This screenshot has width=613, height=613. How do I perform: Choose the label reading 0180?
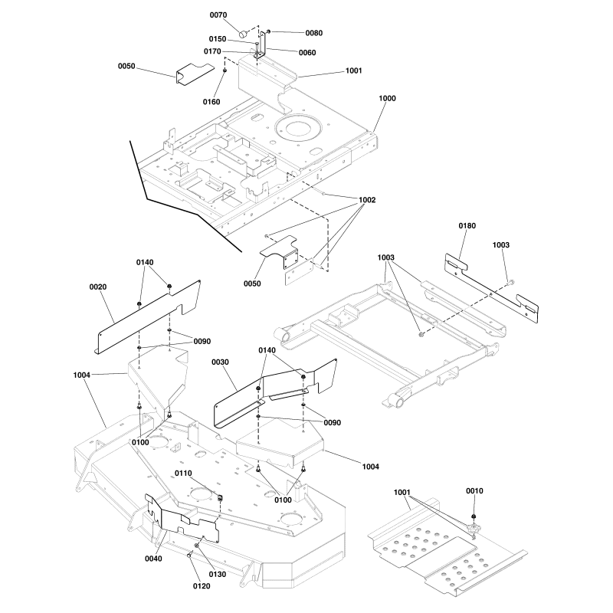[x=467, y=226]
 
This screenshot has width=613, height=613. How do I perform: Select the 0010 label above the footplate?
[x=474, y=490]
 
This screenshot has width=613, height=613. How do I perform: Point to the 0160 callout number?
[x=211, y=102]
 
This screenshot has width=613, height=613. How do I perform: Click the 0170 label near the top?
[x=212, y=51]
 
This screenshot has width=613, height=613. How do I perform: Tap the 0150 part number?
[x=218, y=39]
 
